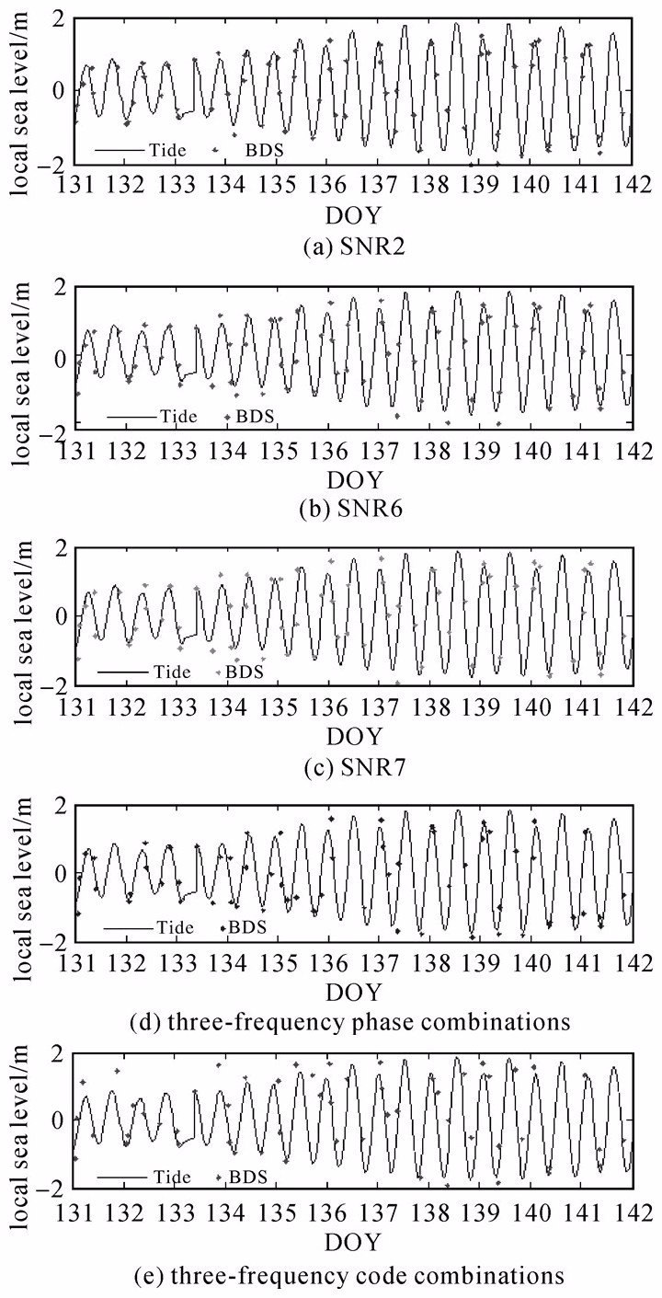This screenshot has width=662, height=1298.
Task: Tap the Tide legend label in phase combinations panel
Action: click(x=174, y=926)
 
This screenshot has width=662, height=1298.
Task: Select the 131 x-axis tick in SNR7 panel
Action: click(x=74, y=706)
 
